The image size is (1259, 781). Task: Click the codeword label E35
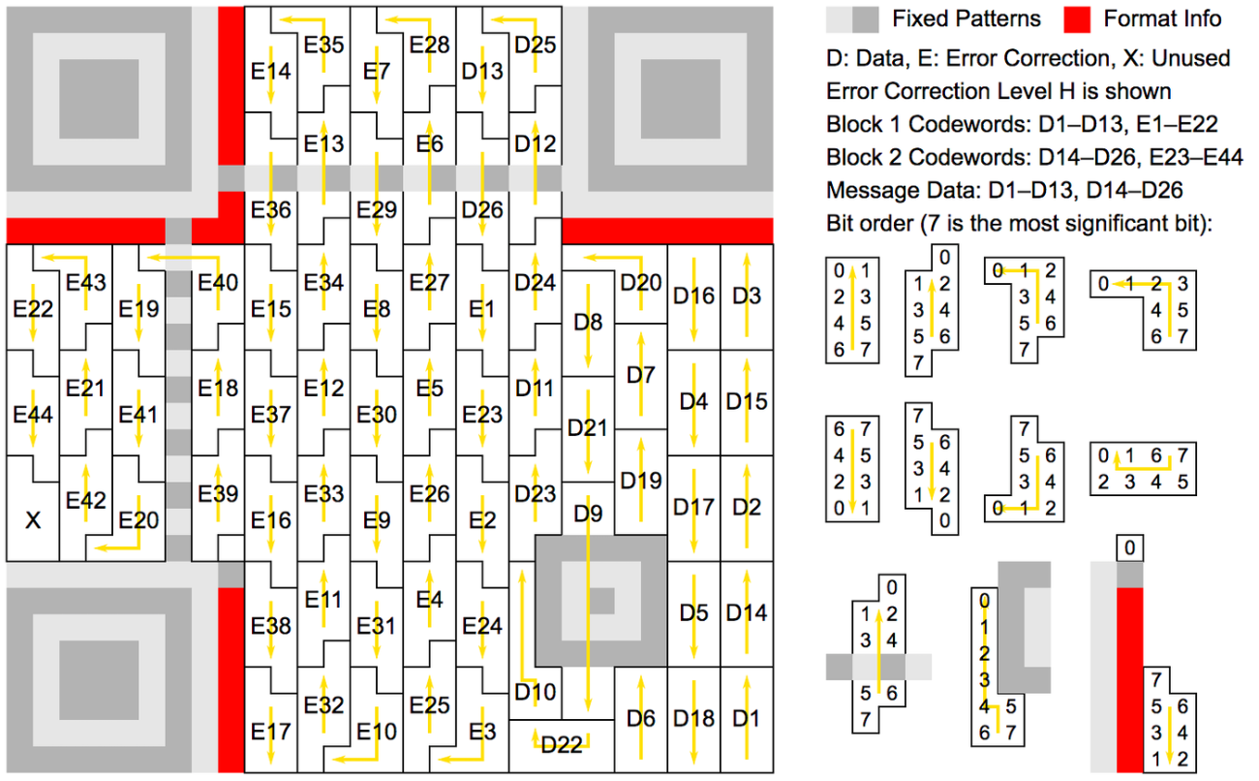[x=323, y=45]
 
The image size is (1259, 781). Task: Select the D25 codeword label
[x=535, y=45]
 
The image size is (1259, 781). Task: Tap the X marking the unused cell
[x=33, y=520]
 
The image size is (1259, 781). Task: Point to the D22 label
[x=562, y=745]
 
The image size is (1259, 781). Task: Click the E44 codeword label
[x=33, y=415]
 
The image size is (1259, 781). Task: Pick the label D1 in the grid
[x=747, y=718]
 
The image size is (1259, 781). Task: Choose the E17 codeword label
[x=271, y=732]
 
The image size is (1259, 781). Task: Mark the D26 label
[x=482, y=210]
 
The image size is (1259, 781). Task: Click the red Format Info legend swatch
[x=1077, y=19]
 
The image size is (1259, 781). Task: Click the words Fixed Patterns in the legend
[x=967, y=19]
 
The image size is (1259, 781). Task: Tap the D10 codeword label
[x=535, y=692]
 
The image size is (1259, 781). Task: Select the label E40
[x=218, y=282]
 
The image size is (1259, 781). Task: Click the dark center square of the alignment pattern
[x=601, y=601]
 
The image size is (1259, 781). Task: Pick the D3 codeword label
[x=747, y=296]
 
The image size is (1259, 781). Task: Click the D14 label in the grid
[x=747, y=612]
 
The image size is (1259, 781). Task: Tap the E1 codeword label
[x=482, y=309]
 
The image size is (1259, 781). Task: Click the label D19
[x=641, y=481]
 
